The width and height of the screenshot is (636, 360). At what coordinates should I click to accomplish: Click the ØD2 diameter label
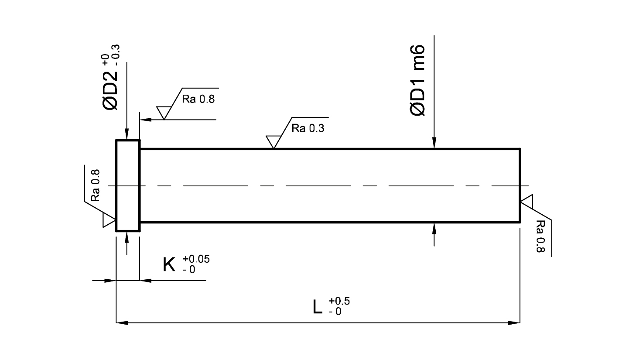pyautogui.click(x=110, y=90)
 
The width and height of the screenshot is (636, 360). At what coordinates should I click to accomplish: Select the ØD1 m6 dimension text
pyautogui.click(x=417, y=80)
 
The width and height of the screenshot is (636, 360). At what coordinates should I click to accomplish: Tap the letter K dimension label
pyautogui.click(x=169, y=265)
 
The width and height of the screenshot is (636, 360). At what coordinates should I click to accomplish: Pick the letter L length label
pyautogui.click(x=317, y=307)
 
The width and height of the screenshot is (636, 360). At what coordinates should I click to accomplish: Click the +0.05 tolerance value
pyautogui.click(x=196, y=259)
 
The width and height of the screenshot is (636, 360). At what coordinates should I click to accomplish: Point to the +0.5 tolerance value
pyautogui.click(x=339, y=301)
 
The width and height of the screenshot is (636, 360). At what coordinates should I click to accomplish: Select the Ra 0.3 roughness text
pyautogui.click(x=308, y=128)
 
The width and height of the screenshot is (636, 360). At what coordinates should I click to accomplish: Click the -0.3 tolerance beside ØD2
pyautogui.click(x=116, y=55)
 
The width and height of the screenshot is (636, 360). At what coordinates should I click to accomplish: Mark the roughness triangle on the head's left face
pyautogui.click(x=109, y=220)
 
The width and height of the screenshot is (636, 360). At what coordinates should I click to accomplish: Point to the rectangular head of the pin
pyautogui.click(x=128, y=185)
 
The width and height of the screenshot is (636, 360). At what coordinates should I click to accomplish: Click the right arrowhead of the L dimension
pyautogui.click(x=514, y=323)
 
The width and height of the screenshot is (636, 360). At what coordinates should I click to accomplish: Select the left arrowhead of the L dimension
pyautogui.click(x=122, y=323)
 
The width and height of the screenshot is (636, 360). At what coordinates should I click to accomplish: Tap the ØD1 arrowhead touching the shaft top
pyautogui.click(x=434, y=143)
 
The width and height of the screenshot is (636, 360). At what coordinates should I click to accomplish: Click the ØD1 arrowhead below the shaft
pyautogui.click(x=434, y=229)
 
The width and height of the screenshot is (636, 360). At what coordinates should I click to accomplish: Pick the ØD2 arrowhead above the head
pyautogui.click(x=127, y=134)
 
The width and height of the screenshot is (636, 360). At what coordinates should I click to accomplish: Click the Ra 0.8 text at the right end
pyautogui.click(x=540, y=236)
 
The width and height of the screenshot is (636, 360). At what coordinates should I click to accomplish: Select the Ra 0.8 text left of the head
pyautogui.click(x=96, y=185)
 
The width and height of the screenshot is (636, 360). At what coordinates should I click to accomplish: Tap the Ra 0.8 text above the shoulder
pyautogui.click(x=198, y=99)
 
